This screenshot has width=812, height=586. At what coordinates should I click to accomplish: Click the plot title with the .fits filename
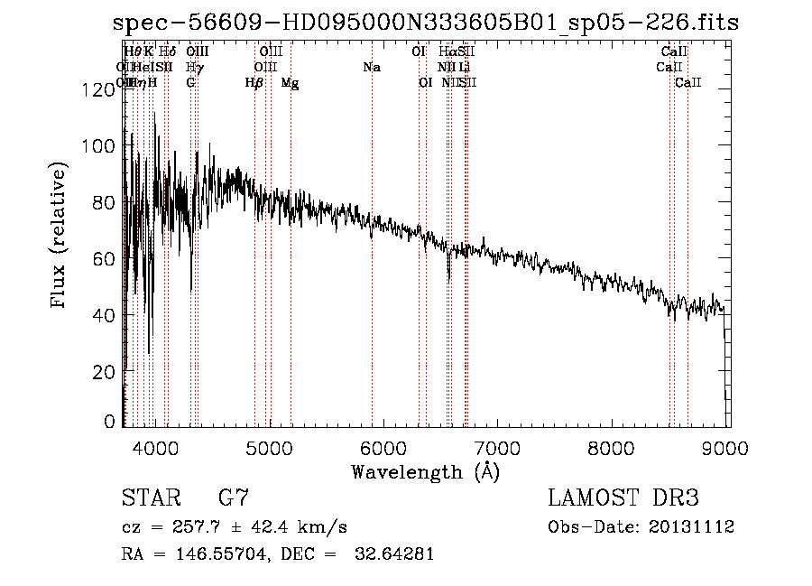point(426,23)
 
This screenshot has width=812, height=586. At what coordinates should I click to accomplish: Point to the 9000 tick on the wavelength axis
point(728,449)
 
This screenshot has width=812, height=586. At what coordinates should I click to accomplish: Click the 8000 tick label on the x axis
point(613,449)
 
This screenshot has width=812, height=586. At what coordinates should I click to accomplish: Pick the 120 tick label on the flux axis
point(102,88)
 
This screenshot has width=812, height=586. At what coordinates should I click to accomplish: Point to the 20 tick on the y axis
point(106,372)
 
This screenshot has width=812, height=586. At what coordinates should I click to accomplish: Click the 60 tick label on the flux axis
point(106,258)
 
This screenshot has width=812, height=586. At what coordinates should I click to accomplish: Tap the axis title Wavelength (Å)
point(425,471)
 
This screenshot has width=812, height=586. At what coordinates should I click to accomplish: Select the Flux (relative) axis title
point(60,236)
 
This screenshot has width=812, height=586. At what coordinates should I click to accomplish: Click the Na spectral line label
point(372,67)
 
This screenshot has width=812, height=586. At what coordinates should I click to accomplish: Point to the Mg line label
point(291,82)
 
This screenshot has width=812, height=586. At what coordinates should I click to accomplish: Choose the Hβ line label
point(254,82)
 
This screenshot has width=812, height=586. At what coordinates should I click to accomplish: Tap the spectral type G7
point(233,498)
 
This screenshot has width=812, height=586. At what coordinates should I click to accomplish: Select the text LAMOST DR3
point(623,498)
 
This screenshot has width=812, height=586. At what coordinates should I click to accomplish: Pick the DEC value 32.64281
point(394,554)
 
